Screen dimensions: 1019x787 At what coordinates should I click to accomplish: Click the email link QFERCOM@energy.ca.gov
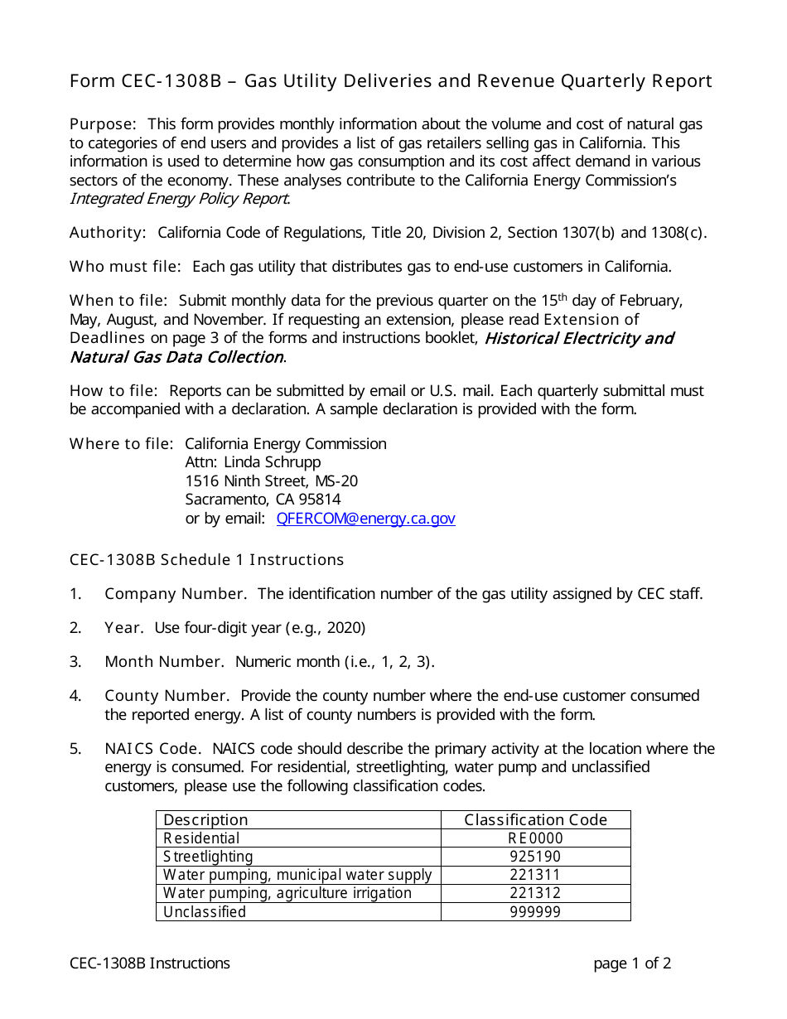[x=365, y=519]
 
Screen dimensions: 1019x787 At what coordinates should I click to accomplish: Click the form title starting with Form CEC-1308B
[x=390, y=81]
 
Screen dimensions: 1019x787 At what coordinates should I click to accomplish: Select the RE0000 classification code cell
[x=535, y=838]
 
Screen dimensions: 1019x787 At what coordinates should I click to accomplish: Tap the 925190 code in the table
[x=535, y=857]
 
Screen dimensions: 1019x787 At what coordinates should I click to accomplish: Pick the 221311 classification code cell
[x=535, y=875]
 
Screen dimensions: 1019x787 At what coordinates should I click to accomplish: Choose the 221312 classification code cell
[x=535, y=893]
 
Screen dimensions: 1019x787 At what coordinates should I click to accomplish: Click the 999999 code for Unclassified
[x=535, y=912]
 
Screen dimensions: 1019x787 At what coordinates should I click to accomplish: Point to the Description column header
[x=205, y=820]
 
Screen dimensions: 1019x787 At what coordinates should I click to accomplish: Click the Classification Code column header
[x=535, y=820]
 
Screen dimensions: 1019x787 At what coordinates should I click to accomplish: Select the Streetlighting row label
[x=208, y=857]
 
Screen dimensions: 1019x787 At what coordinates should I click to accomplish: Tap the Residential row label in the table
[x=201, y=838]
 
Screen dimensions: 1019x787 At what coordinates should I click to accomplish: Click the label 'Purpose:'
[x=103, y=124]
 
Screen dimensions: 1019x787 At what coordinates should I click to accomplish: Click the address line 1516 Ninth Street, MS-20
[x=271, y=481]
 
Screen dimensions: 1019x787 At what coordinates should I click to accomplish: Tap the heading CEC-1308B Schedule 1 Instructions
[x=206, y=560]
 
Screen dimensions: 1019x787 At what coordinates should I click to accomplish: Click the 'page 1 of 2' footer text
[x=631, y=963]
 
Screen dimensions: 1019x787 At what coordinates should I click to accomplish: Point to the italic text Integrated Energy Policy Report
[x=179, y=199]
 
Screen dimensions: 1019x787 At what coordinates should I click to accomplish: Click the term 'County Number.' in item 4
[x=167, y=696]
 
